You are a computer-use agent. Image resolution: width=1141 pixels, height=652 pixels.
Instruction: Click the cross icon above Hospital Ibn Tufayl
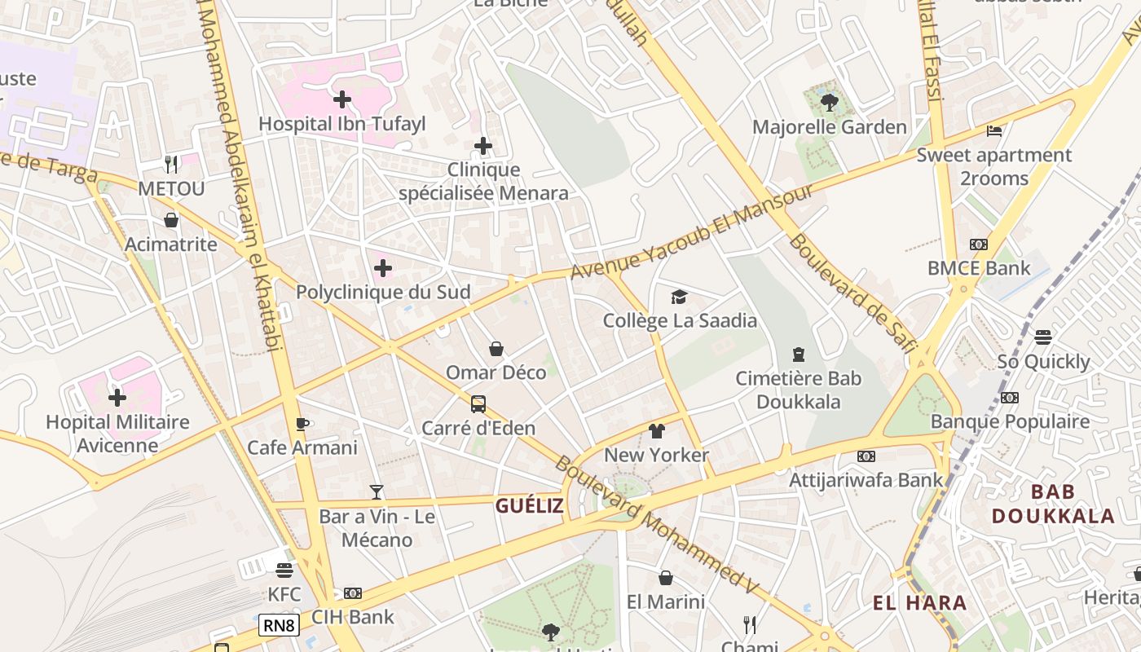[x=342, y=100]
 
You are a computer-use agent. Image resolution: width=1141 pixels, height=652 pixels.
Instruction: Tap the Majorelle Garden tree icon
[x=830, y=103]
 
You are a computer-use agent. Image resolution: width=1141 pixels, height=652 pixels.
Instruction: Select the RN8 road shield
[x=279, y=626]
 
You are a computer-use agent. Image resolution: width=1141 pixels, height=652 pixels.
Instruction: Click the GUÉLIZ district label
[x=530, y=506]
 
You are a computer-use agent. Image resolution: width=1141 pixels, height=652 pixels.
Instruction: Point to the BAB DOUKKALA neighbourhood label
[x=1053, y=504]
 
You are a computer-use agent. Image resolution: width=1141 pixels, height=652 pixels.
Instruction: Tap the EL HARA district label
[x=919, y=603]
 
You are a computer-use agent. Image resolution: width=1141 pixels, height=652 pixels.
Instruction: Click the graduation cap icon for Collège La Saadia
[x=680, y=297]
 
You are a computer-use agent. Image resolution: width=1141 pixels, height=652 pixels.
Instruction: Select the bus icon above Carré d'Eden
[x=478, y=403]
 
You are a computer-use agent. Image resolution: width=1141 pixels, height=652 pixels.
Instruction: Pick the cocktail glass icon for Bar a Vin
[x=377, y=491]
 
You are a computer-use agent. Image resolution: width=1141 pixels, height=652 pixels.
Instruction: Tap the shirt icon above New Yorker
[x=657, y=430]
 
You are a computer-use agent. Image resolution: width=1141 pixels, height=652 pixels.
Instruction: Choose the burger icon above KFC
[x=284, y=570]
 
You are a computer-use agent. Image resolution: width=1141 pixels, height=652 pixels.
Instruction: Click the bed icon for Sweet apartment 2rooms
[x=993, y=130]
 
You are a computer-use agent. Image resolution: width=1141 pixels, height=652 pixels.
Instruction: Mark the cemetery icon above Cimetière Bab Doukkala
[x=799, y=355]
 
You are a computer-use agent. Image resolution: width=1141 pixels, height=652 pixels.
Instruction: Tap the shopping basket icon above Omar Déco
[x=496, y=349]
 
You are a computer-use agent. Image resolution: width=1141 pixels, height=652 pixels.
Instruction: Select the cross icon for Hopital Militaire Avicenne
[x=117, y=398]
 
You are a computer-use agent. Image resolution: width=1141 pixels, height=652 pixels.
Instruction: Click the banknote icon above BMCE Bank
[x=978, y=244]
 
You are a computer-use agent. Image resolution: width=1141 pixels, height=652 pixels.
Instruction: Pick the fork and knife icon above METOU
[x=171, y=165]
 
